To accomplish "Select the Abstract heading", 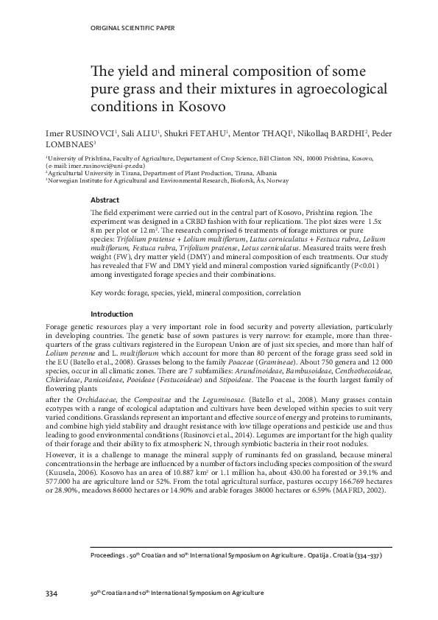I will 104,200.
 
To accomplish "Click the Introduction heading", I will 111,334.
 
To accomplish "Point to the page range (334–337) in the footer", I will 369,557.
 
